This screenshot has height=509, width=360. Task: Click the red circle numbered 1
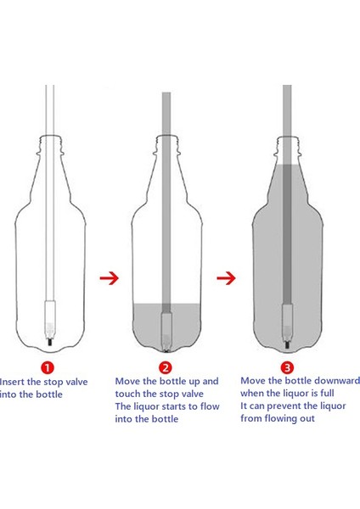pyautogui.click(x=48, y=368)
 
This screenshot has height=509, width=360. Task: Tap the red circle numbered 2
pyautogui.click(x=166, y=368)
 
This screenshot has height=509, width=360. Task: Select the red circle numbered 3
pyautogui.click(x=287, y=368)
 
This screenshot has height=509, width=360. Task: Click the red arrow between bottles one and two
pyautogui.click(x=110, y=278)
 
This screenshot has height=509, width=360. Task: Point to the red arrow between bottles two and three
pyautogui.click(x=226, y=278)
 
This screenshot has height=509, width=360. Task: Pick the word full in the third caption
pyautogui.click(x=327, y=393)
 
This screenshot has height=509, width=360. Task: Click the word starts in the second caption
pyautogui.click(x=173, y=406)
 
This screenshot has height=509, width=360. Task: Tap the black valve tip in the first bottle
pyautogui.click(x=50, y=342)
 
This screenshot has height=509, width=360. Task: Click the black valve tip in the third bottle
pyautogui.click(x=287, y=344)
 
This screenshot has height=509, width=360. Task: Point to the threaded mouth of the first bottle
pyautogui.click(x=50, y=141)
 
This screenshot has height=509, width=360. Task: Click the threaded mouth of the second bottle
pyautogui.click(x=166, y=141)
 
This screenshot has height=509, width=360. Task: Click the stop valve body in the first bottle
pyautogui.click(x=50, y=320)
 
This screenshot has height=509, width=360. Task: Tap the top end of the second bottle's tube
pyautogui.click(x=166, y=93)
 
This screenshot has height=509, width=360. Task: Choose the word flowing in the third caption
pyautogui.click(x=280, y=418)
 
